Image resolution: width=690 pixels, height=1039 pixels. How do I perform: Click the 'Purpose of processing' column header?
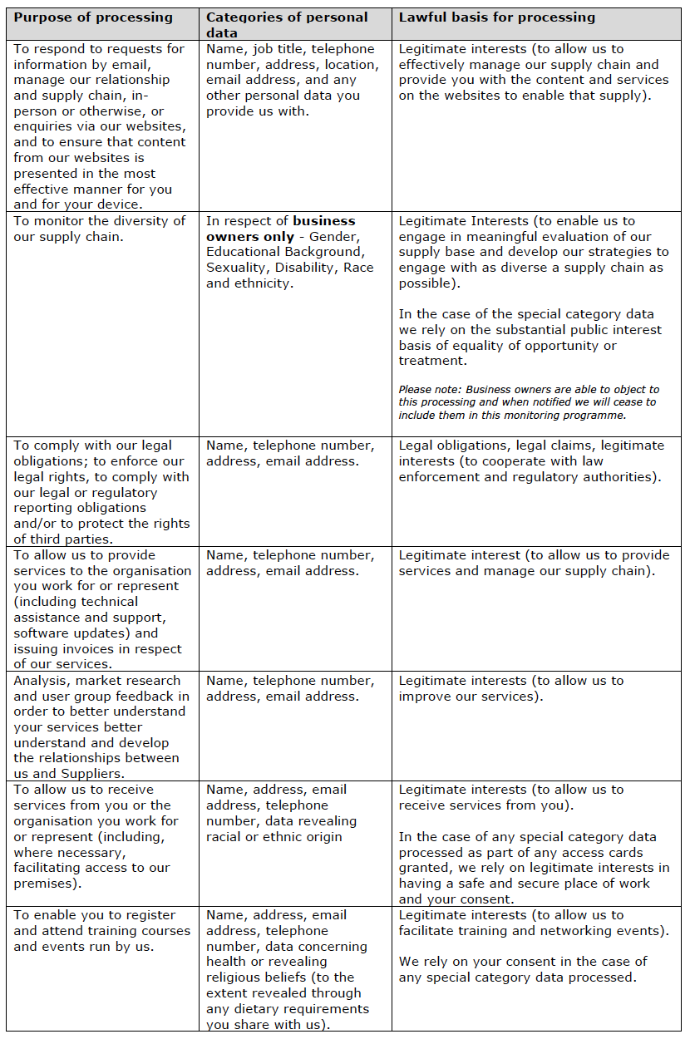pyautogui.click(x=93, y=17)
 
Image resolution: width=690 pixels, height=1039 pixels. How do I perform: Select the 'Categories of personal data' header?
pyautogui.click(x=287, y=24)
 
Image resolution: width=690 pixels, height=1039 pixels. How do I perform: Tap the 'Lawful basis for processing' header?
pyautogui.click(x=497, y=17)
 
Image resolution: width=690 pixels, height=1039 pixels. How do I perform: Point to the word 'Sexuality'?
pyautogui.click(x=237, y=268)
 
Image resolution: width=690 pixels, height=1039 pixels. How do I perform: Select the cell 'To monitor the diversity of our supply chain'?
pyautogui.click(x=100, y=229)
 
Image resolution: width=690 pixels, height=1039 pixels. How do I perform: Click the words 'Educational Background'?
pyautogui.click(x=284, y=252)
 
